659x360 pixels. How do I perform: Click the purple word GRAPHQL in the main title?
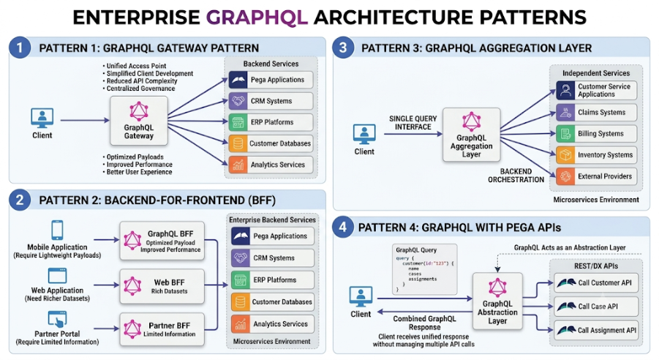tap(257, 18)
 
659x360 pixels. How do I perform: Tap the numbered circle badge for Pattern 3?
tap(343, 48)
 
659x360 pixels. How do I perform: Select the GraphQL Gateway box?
tap(139, 121)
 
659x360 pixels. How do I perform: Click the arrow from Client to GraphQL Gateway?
tap(85, 120)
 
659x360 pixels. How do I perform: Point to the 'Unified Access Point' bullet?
tap(136, 66)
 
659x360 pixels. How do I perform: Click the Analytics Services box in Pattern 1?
tap(271, 165)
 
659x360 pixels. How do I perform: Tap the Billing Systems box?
tap(596, 134)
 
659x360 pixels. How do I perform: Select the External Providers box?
tap(596, 176)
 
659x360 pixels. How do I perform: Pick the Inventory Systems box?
tap(596, 155)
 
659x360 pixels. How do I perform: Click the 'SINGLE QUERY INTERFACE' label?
tap(413, 123)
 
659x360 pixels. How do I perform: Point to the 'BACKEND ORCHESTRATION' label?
tap(516, 176)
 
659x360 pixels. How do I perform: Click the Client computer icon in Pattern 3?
tap(364, 135)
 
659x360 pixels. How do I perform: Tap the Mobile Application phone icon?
tap(57, 230)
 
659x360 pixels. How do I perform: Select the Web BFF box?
tap(162, 286)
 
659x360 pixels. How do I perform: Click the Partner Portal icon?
tap(57, 319)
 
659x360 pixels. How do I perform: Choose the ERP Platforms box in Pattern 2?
tap(272, 280)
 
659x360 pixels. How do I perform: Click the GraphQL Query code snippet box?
tap(424, 269)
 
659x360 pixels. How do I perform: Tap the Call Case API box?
tap(596, 307)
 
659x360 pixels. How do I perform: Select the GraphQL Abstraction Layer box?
tap(497, 301)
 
